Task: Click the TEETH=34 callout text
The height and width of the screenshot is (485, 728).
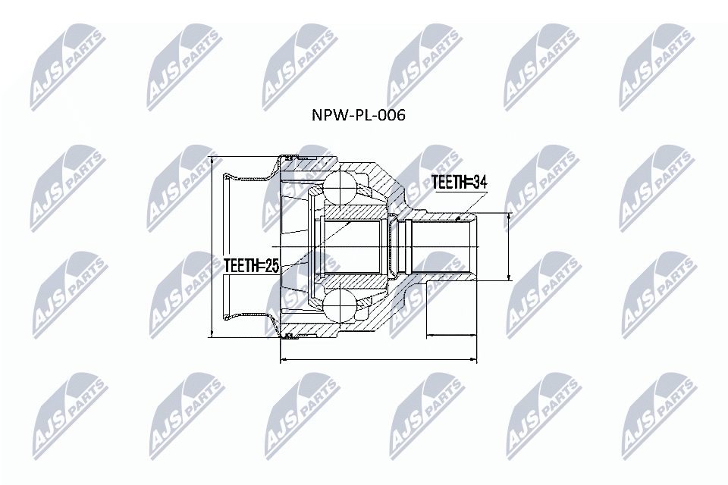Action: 459,182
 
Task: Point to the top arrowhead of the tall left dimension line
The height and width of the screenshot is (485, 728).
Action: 212,160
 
